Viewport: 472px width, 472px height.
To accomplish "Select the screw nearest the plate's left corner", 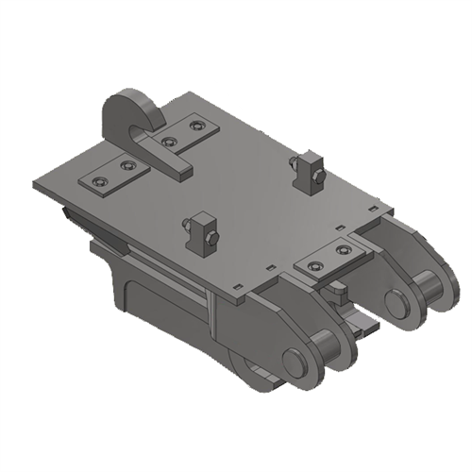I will coord(98,180).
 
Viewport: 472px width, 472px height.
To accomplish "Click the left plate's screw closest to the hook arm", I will coord(129,166).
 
